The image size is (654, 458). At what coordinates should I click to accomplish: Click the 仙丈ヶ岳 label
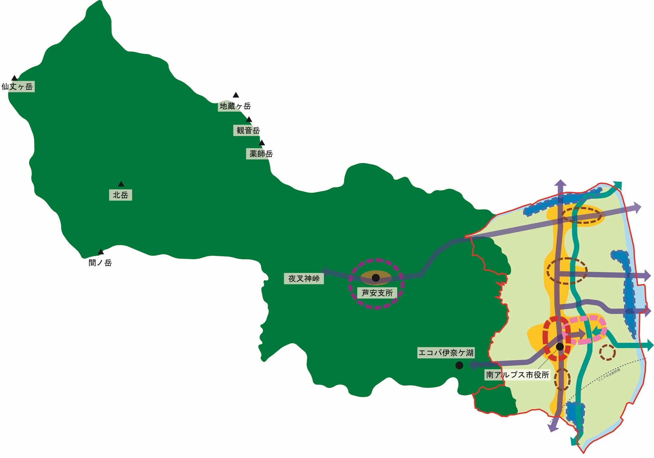(17, 87)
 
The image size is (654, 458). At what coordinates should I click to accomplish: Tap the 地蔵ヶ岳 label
(235, 106)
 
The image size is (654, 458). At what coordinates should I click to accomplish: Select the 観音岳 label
(248, 131)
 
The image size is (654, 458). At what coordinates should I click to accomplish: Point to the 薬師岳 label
(261, 154)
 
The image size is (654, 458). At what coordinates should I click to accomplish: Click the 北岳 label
(120, 195)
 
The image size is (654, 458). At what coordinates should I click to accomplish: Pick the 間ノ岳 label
(100, 263)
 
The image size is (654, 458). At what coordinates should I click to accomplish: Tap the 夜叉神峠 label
(304, 279)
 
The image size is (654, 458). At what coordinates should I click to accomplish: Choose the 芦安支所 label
(377, 293)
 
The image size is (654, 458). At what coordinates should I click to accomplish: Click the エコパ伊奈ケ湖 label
(446, 353)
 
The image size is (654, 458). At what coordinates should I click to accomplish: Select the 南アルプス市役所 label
(518, 375)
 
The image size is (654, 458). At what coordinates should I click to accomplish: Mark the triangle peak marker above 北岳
(121, 184)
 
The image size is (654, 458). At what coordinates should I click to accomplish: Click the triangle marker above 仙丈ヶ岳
(14, 78)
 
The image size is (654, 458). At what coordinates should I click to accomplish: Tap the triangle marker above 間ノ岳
(101, 252)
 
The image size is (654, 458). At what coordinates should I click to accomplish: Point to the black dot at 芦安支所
(376, 278)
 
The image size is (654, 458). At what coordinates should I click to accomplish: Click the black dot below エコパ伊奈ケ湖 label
(459, 365)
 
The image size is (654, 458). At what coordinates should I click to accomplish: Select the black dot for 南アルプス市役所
(560, 347)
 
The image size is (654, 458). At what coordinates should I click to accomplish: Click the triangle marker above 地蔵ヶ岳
(236, 95)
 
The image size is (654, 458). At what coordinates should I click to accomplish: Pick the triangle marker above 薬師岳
(262, 143)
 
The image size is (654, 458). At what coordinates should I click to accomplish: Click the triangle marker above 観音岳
(249, 120)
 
